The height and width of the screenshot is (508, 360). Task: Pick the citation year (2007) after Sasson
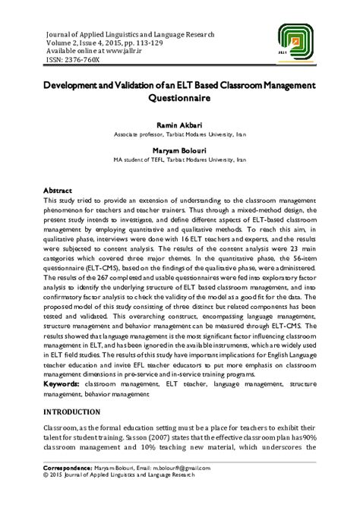98,447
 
